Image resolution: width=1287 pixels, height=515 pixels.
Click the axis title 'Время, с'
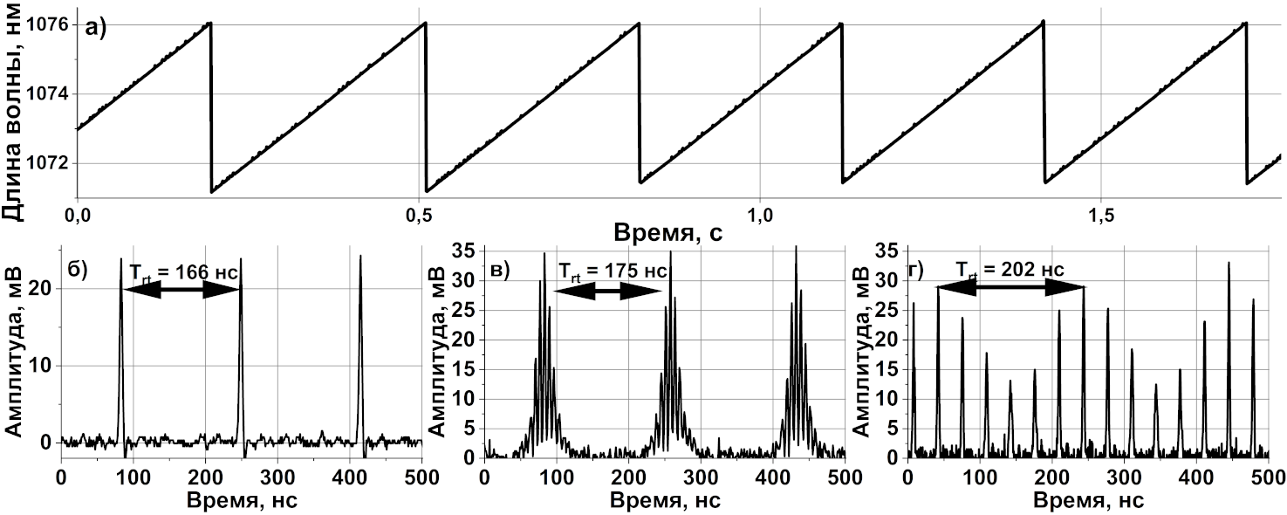coord(668,233)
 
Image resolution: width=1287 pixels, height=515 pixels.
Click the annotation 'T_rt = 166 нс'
coord(183,271)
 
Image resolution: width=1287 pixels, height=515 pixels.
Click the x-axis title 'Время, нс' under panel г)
coord(1086,501)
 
